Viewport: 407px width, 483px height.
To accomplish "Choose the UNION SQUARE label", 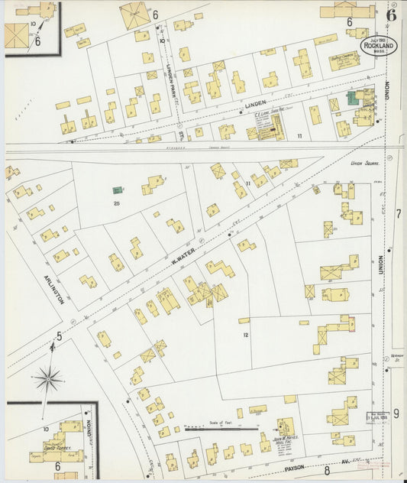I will [365, 163].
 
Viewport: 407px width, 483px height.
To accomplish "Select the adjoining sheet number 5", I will [58, 335].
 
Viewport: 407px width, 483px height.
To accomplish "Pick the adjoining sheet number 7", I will [398, 214].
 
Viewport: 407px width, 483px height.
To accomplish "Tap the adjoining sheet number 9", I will [396, 413].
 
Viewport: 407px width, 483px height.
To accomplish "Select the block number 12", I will [245, 335].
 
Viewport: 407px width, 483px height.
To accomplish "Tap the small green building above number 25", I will [118, 190].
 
